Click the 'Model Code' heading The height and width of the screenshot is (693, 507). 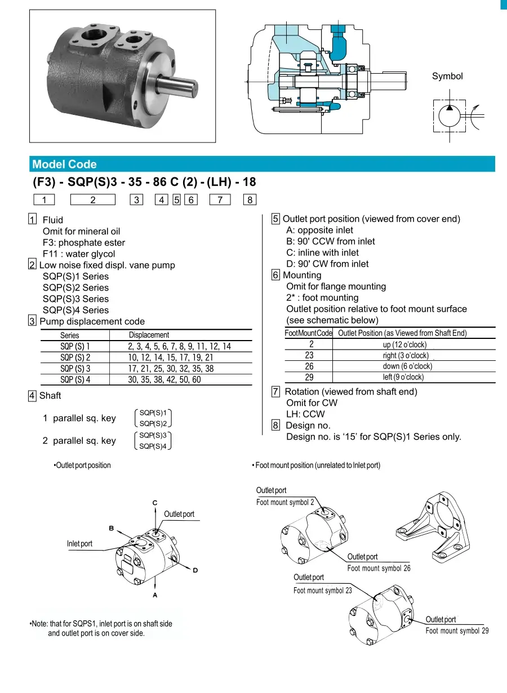coord(64,164)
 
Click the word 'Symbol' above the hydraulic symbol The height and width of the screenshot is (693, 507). coord(447,76)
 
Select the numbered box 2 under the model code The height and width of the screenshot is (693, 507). coord(92,199)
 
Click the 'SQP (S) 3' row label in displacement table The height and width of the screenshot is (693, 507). coord(75,369)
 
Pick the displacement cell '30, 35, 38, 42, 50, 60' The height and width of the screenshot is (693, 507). coord(164,380)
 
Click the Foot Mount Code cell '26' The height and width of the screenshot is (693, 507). coord(309,366)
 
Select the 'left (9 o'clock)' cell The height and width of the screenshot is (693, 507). coord(403,377)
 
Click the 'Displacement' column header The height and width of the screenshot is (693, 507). coord(149,335)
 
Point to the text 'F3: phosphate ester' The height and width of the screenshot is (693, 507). coord(84,243)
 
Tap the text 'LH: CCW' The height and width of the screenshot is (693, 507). coord(305,414)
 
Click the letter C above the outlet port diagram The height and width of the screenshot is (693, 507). coord(155,502)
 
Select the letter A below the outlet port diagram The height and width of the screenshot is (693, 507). coord(155,594)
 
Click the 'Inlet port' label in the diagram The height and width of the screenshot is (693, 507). coord(79,544)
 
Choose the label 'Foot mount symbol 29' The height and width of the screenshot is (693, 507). coord(457,631)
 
